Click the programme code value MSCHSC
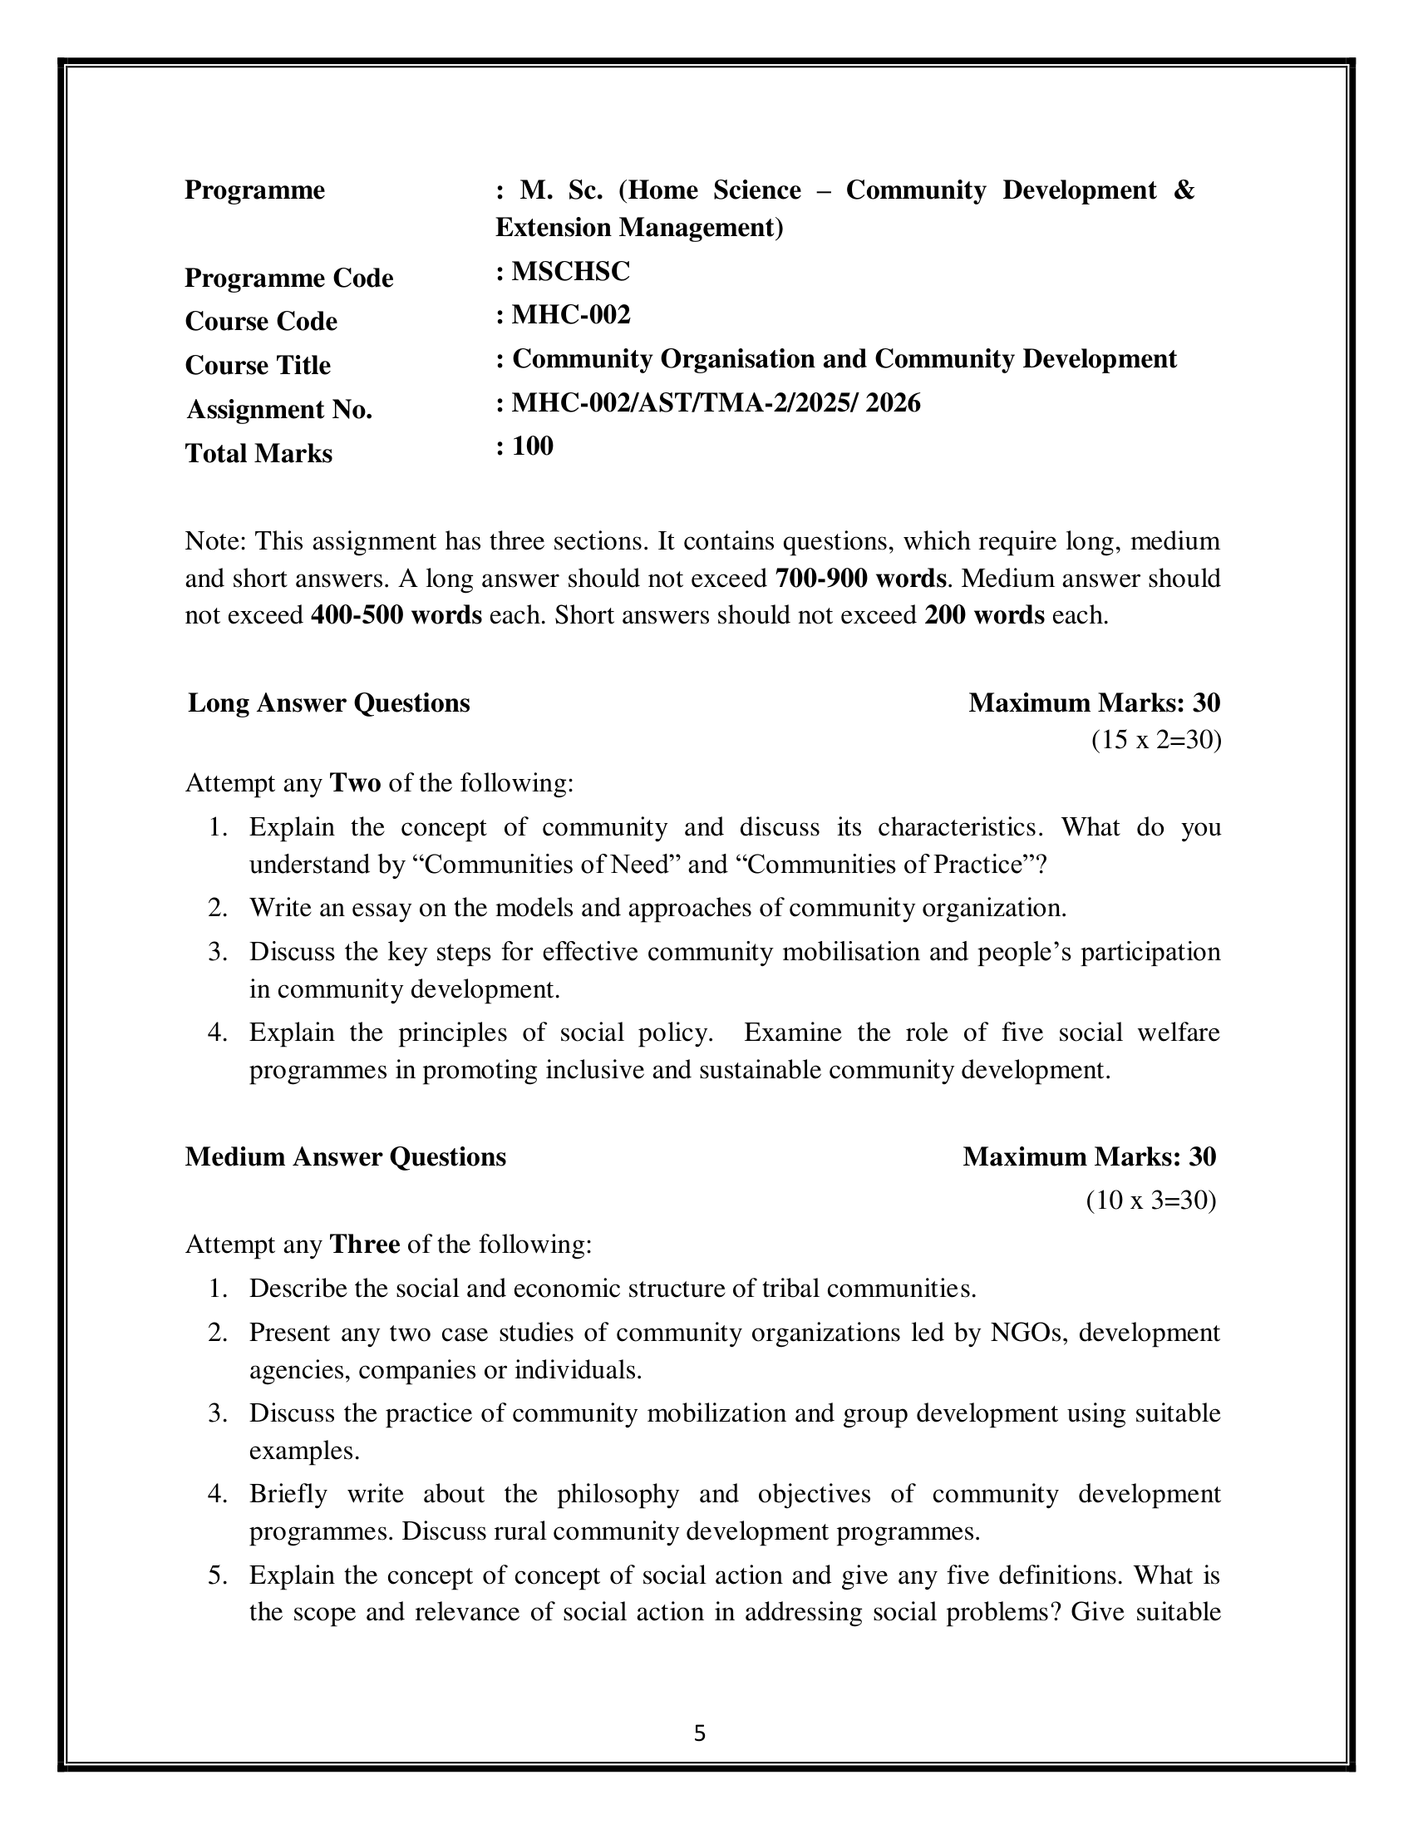click(x=571, y=271)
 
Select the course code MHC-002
click(x=571, y=315)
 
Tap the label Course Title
click(x=258, y=365)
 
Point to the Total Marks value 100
click(x=533, y=446)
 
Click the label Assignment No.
click(x=278, y=410)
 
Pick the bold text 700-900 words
click(x=861, y=579)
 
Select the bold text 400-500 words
click(x=396, y=615)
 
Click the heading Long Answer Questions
click(x=329, y=703)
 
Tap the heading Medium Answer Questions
click(x=346, y=1156)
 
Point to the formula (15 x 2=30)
click(x=1156, y=740)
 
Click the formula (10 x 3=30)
click(x=1151, y=1201)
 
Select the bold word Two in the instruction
click(x=356, y=784)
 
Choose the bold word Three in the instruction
click(x=365, y=1245)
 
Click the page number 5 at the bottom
click(x=700, y=1734)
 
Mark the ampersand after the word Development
click(x=1184, y=191)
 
